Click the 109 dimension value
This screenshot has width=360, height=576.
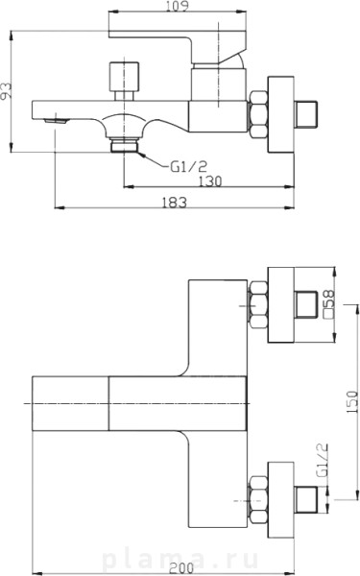pyautogui.click(x=177, y=6)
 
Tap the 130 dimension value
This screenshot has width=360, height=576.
pyautogui.click(x=210, y=181)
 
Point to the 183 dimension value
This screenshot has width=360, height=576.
pyautogui.click(x=175, y=202)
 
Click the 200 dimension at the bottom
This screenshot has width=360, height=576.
pyautogui.click(x=181, y=568)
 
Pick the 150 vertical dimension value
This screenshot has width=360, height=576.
pyautogui.click(x=352, y=402)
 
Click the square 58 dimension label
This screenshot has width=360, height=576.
pyautogui.click(x=328, y=303)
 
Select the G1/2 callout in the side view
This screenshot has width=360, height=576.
pyautogui.click(x=189, y=167)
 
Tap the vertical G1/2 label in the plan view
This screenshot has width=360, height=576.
pyautogui.click(x=323, y=460)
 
